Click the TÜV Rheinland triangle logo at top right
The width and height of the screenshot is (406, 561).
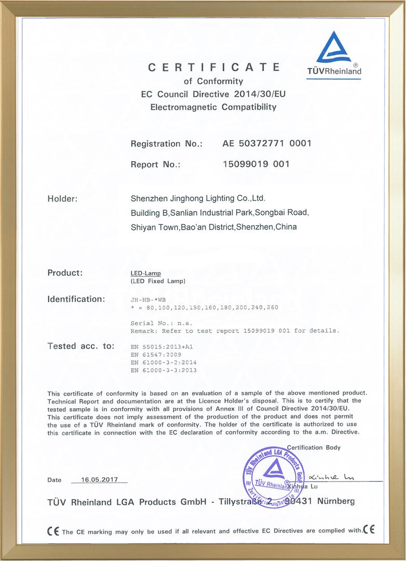(x=334, y=48)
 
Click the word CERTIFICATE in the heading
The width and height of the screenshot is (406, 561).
(x=214, y=67)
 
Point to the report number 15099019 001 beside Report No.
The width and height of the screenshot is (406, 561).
(x=255, y=164)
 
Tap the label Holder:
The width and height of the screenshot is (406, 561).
(x=62, y=198)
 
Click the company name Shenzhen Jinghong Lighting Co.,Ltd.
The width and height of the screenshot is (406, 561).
(x=198, y=198)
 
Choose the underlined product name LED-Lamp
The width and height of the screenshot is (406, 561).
(x=146, y=273)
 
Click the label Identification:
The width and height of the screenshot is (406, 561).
(x=76, y=299)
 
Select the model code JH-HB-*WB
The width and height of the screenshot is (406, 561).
(x=148, y=300)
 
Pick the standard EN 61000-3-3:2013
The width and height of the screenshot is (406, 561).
(x=164, y=370)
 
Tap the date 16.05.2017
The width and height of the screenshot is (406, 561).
(x=100, y=480)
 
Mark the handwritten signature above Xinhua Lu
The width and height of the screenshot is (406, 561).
(x=331, y=477)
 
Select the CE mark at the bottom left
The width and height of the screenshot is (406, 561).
(x=53, y=531)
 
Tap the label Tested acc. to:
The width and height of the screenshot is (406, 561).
(x=80, y=346)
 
